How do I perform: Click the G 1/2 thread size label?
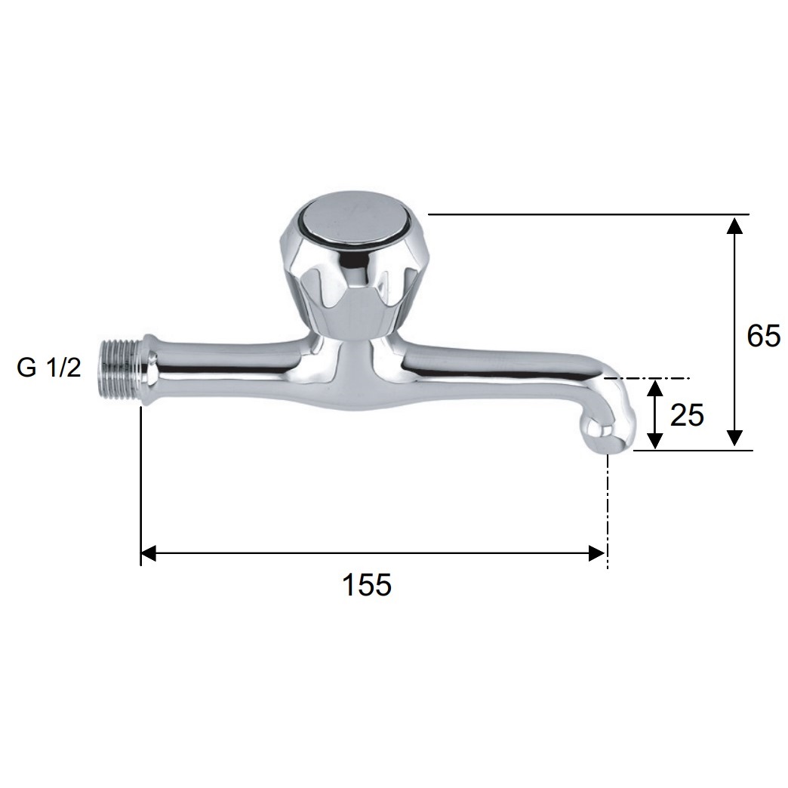(49, 368)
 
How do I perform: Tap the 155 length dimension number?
(366, 585)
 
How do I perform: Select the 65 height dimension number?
(763, 336)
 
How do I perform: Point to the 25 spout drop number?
(687, 416)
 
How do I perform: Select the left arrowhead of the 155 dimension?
(148, 554)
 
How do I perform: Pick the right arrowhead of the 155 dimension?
(596, 554)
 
